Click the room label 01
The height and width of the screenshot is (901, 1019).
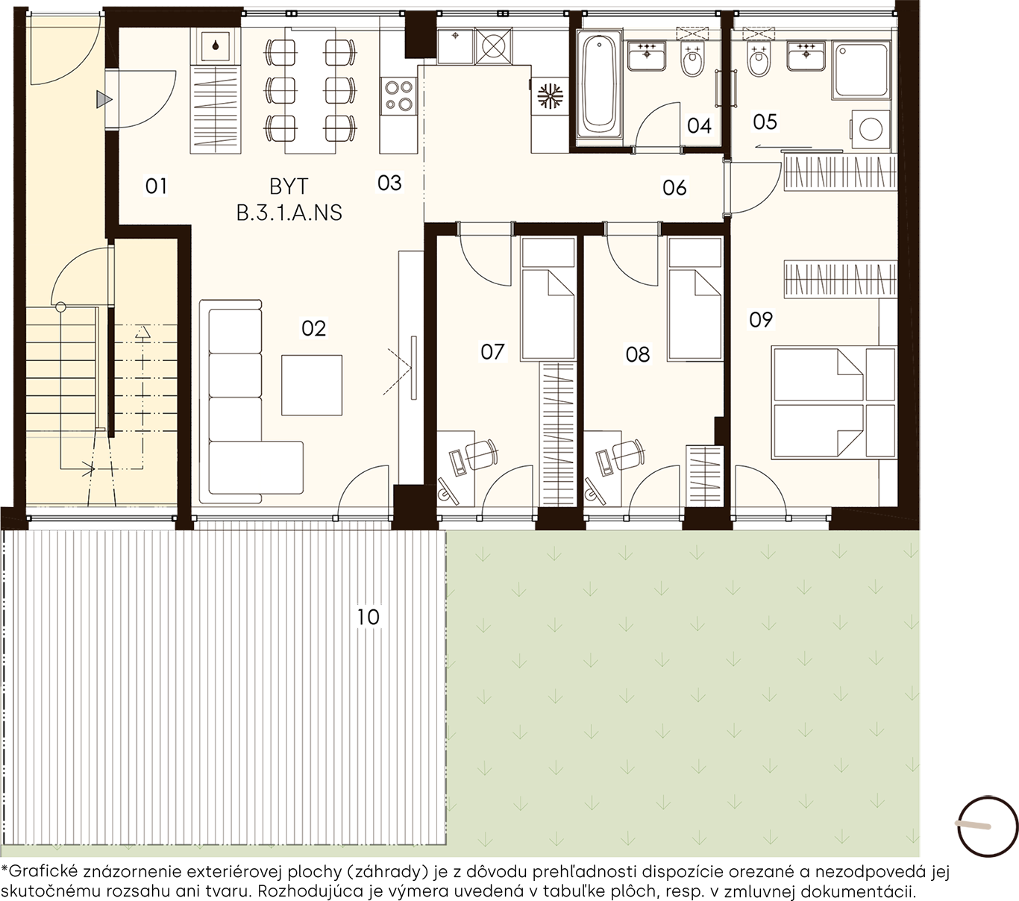pyautogui.click(x=156, y=186)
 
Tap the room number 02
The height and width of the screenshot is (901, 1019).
pyautogui.click(x=314, y=328)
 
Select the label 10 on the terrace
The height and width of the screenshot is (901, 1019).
pyautogui.click(x=369, y=617)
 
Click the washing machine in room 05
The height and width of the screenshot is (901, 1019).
pyautogui.click(x=870, y=129)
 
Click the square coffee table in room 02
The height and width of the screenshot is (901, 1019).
pyautogui.click(x=312, y=386)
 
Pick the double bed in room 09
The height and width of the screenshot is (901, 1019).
pyautogui.click(x=834, y=403)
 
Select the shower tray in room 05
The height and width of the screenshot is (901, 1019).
pyautogui.click(x=861, y=71)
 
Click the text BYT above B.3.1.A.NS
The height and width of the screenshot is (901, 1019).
pyautogui.click(x=289, y=186)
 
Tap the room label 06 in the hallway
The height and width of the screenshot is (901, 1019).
pyautogui.click(x=674, y=188)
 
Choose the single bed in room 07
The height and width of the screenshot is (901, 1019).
pyautogui.click(x=548, y=300)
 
